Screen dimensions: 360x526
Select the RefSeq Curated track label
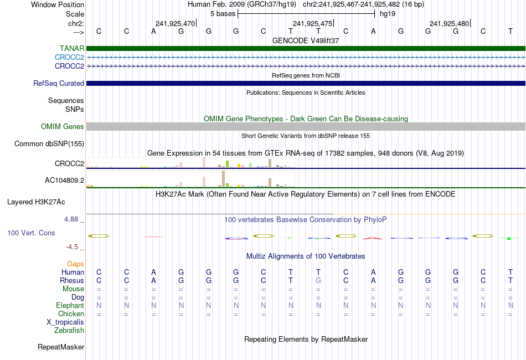(59, 84)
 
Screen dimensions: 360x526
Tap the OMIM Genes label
(63, 127)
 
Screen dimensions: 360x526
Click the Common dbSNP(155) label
(49, 144)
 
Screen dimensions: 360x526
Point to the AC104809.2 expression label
(64, 181)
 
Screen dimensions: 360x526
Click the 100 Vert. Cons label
(31, 233)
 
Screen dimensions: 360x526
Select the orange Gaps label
(75, 264)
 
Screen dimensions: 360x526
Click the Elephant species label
(70, 306)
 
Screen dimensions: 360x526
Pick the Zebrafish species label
(69, 331)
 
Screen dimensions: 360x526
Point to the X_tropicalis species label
(65, 322)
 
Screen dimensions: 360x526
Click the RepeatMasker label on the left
(61, 347)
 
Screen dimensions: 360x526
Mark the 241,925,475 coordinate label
(313, 24)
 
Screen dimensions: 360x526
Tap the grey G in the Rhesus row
(318, 281)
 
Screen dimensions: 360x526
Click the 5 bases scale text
(223, 13)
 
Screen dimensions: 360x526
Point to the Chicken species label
(70, 314)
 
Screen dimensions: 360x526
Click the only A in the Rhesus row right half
(373, 281)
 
